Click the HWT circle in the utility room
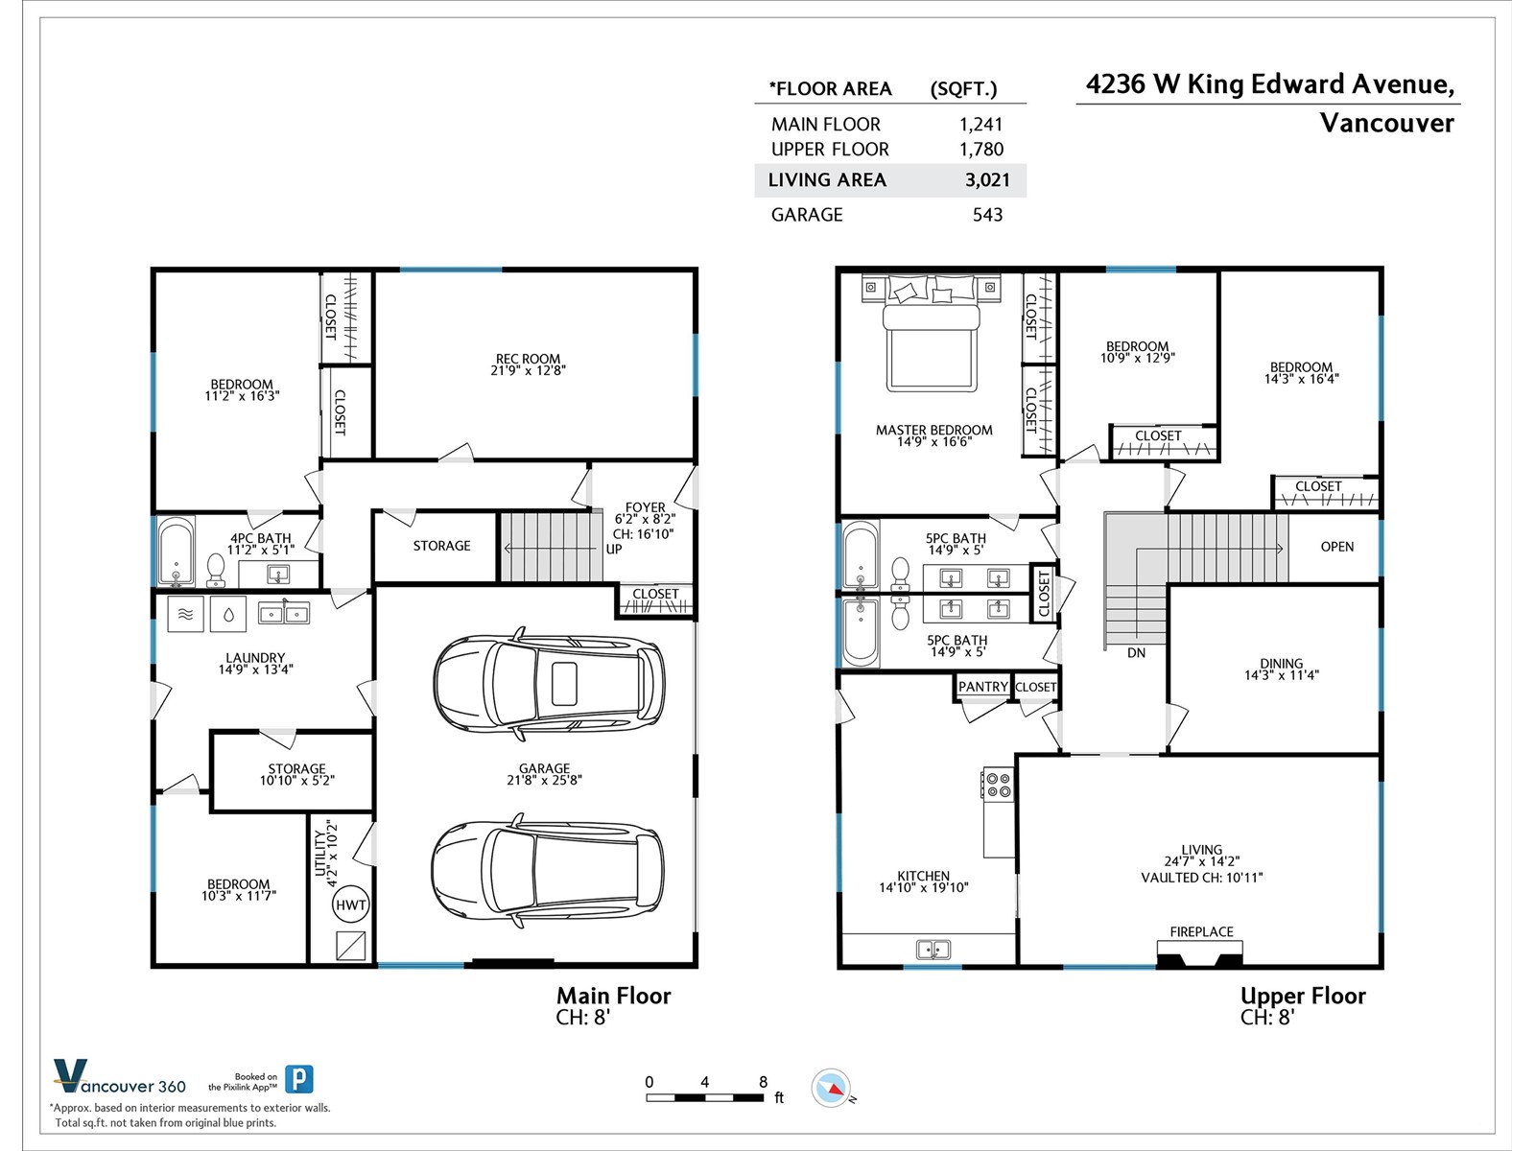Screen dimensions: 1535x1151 [x=350, y=905]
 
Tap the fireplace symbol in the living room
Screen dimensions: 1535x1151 [x=1199, y=954]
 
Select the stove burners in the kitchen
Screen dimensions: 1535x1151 [x=998, y=784]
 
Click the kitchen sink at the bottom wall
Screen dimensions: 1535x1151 [x=933, y=949]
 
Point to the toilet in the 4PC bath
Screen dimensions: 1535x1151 [x=216, y=571]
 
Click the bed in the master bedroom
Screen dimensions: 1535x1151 [x=931, y=334]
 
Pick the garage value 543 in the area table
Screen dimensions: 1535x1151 [x=987, y=215]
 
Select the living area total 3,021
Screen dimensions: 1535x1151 [x=987, y=180]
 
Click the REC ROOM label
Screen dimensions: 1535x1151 [x=528, y=359]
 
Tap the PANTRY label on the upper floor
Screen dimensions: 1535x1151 [x=983, y=687]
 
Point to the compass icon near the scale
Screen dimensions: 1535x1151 [x=831, y=1088]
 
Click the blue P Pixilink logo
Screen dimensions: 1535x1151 [x=299, y=1079]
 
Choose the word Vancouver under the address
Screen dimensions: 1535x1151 [x=1386, y=124]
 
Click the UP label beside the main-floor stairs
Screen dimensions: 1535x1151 [x=614, y=550]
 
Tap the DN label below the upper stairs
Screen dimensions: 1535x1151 [x=1137, y=653]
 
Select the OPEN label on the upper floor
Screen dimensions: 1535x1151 [x=1337, y=547]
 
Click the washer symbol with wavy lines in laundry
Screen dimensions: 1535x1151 [x=185, y=614]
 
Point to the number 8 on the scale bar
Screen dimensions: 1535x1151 [x=763, y=1083]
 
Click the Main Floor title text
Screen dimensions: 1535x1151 [x=613, y=996]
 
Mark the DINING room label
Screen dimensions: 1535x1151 [x=1281, y=663]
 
